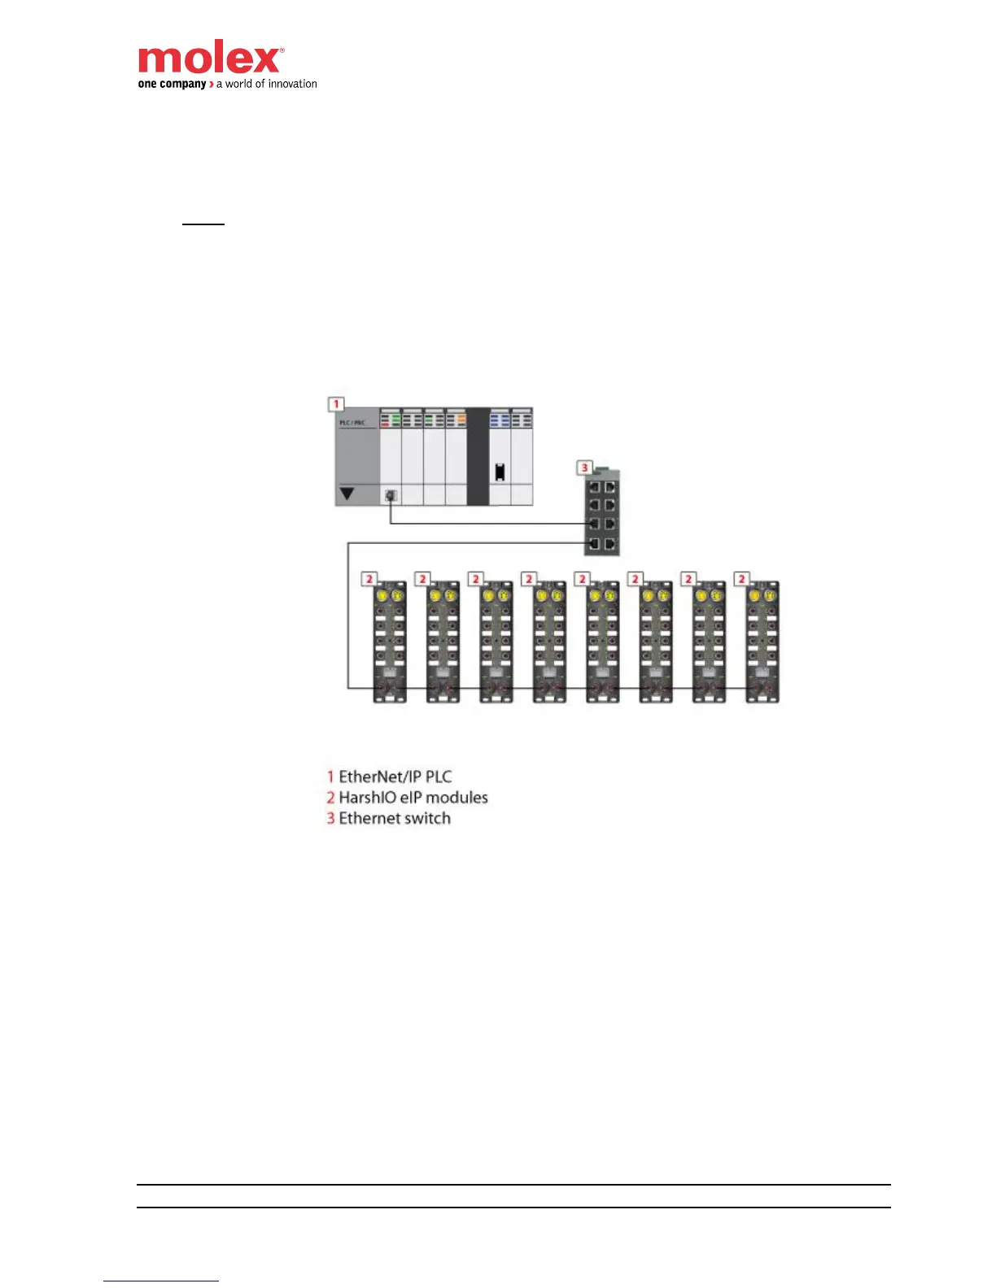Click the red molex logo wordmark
210,59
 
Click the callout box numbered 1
336,404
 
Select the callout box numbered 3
584,468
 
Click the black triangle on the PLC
347,493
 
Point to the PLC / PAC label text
352,423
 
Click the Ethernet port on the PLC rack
391,494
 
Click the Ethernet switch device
602,514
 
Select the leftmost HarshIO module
390,642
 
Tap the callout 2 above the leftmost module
369,579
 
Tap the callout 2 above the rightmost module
741,579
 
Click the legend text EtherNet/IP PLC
395,777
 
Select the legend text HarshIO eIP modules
413,798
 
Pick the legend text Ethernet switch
394,818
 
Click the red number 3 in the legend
330,818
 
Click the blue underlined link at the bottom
161,1281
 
